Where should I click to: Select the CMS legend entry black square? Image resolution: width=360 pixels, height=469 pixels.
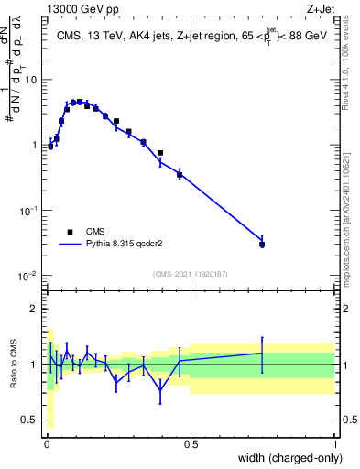click(x=70, y=232)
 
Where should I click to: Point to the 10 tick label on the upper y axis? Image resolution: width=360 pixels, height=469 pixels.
click(x=30, y=80)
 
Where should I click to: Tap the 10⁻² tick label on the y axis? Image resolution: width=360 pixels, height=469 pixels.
click(x=27, y=276)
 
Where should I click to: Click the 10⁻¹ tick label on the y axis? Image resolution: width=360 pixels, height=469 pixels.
click(x=27, y=211)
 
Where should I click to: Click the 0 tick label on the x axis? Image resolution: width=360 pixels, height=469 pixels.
click(x=46, y=445)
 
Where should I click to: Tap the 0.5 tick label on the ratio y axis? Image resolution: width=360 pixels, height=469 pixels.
click(x=29, y=420)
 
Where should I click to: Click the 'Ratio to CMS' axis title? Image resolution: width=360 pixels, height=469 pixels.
click(x=13, y=365)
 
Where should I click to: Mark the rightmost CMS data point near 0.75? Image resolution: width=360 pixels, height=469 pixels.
click(x=262, y=245)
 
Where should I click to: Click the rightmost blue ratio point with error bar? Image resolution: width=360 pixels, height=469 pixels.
click(x=262, y=353)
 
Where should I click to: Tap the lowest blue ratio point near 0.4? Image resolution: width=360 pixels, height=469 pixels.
click(x=160, y=389)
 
